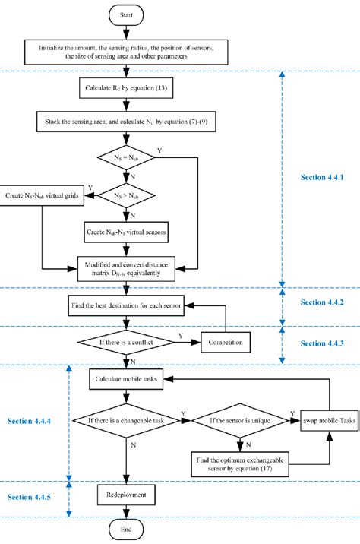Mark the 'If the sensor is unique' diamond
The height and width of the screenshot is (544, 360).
coord(240,418)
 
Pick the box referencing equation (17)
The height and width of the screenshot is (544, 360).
coord(240,462)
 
